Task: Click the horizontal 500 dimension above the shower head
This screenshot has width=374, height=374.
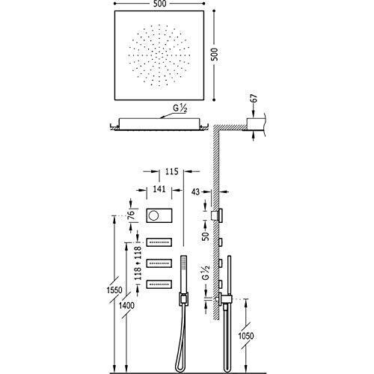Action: (x=159, y=4)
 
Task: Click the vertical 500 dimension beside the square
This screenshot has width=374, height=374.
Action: (x=214, y=54)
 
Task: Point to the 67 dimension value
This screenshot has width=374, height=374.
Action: (x=253, y=98)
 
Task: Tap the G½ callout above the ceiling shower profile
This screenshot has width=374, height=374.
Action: (x=180, y=108)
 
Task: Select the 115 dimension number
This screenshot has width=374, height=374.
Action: (x=172, y=171)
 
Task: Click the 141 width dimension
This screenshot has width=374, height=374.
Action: (x=159, y=189)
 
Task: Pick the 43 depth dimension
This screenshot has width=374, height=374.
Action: (x=196, y=191)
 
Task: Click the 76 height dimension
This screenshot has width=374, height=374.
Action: (x=131, y=215)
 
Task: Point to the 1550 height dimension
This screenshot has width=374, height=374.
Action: (x=114, y=290)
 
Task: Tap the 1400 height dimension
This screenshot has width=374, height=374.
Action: (x=126, y=305)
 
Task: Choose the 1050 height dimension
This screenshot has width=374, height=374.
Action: (x=246, y=336)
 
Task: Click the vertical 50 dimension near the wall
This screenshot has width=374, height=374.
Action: (x=206, y=236)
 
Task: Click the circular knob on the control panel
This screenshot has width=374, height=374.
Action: (x=153, y=215)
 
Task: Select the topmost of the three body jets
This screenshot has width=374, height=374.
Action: (x=159, y=242)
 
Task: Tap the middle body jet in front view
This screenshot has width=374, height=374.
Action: (x=159, y=263)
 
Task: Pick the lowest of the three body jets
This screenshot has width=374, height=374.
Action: (x=159, y=284)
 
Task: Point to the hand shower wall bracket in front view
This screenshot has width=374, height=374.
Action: (x=183, y=298)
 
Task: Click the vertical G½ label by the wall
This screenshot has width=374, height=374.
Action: (x=206, y=272)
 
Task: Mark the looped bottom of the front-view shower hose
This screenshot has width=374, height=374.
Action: (x=179, y=368)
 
